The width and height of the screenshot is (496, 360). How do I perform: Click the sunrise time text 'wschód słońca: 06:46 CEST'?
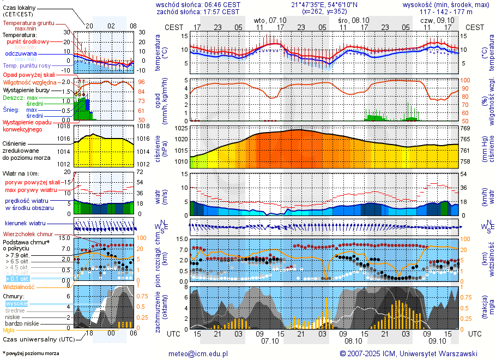198,4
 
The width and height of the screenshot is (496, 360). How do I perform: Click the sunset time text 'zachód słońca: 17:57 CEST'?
198,11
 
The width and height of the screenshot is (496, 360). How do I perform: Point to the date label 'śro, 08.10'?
353,20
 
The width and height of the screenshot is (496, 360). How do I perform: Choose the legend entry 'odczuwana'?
21,54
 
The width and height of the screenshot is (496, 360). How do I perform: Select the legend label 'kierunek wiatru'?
25,224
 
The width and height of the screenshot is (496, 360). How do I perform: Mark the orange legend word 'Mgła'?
9,330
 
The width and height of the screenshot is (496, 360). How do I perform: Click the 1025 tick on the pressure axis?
182,128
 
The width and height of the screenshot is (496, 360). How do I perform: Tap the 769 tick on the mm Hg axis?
465,128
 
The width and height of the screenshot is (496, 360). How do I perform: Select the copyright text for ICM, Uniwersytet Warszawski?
409,353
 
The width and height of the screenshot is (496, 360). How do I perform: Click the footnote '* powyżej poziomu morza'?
31,353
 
